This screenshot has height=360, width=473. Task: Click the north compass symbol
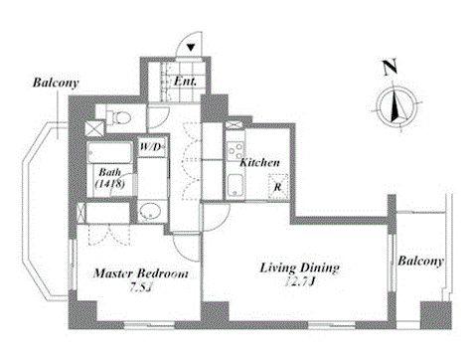396,104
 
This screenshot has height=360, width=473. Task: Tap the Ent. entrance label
186,81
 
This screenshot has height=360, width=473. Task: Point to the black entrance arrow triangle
193,46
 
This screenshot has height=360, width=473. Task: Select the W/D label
152,147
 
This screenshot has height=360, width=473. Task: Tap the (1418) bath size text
108,184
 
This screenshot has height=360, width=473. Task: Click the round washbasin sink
148,211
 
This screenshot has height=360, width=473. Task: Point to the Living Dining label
302,268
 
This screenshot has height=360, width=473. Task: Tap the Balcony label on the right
420,261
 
